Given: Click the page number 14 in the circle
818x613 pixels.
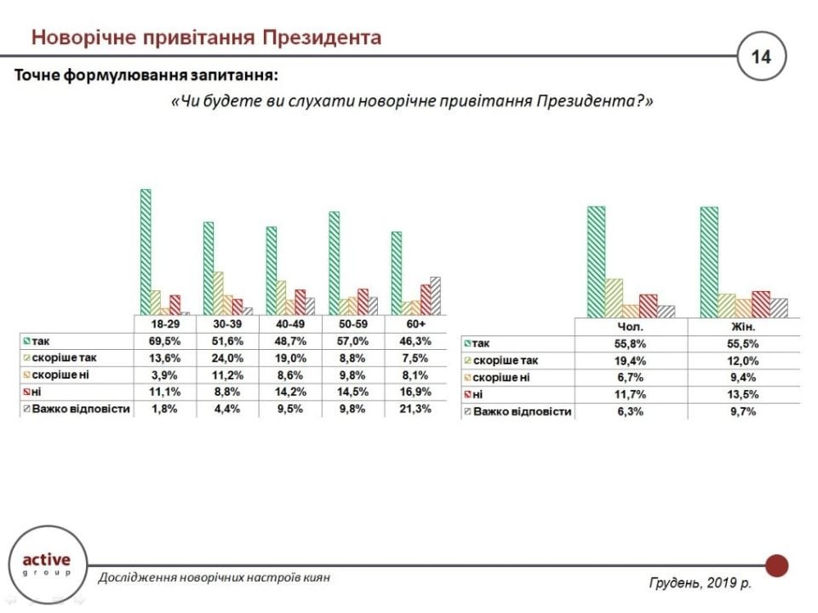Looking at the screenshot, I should [761, 58].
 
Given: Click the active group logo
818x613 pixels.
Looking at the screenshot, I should [46, 564].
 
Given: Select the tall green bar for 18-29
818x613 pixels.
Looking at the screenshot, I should [146, 251].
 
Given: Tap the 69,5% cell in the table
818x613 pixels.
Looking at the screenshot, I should [165, 341].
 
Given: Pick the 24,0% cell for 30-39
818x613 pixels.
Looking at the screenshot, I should [229, 358].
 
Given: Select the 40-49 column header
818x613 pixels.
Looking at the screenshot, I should [291, 324].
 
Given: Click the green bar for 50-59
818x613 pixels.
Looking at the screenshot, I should [335, 263].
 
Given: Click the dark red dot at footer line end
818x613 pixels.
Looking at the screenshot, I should [776, 565].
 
